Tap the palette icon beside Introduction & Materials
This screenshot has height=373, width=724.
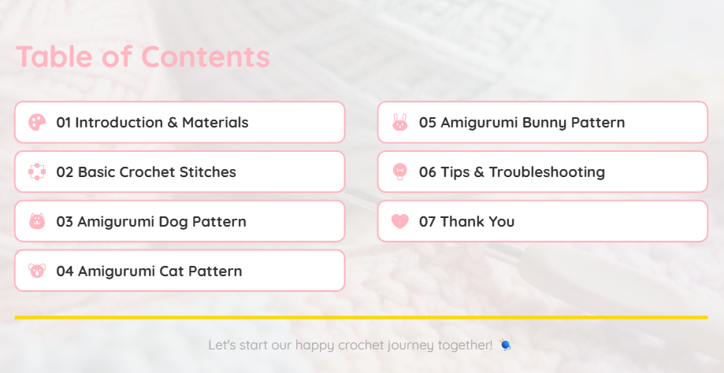pos(37,122)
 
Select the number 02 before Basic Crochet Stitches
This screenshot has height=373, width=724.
pos(65,172)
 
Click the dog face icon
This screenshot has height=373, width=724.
pos(37,221)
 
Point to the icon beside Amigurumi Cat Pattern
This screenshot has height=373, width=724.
pos(37,271)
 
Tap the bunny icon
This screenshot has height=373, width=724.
pos(400,122)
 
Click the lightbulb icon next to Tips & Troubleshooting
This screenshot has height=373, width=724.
pos(400,172)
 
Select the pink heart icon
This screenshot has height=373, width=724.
pos(400,221)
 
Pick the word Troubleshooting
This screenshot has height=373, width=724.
pos(548,172)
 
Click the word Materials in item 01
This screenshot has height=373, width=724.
pos(215,123)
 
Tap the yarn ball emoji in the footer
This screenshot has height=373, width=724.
pos(505,345)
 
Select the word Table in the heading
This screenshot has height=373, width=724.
pos(54,56)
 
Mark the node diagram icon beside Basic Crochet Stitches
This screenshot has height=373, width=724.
pos(37,172)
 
